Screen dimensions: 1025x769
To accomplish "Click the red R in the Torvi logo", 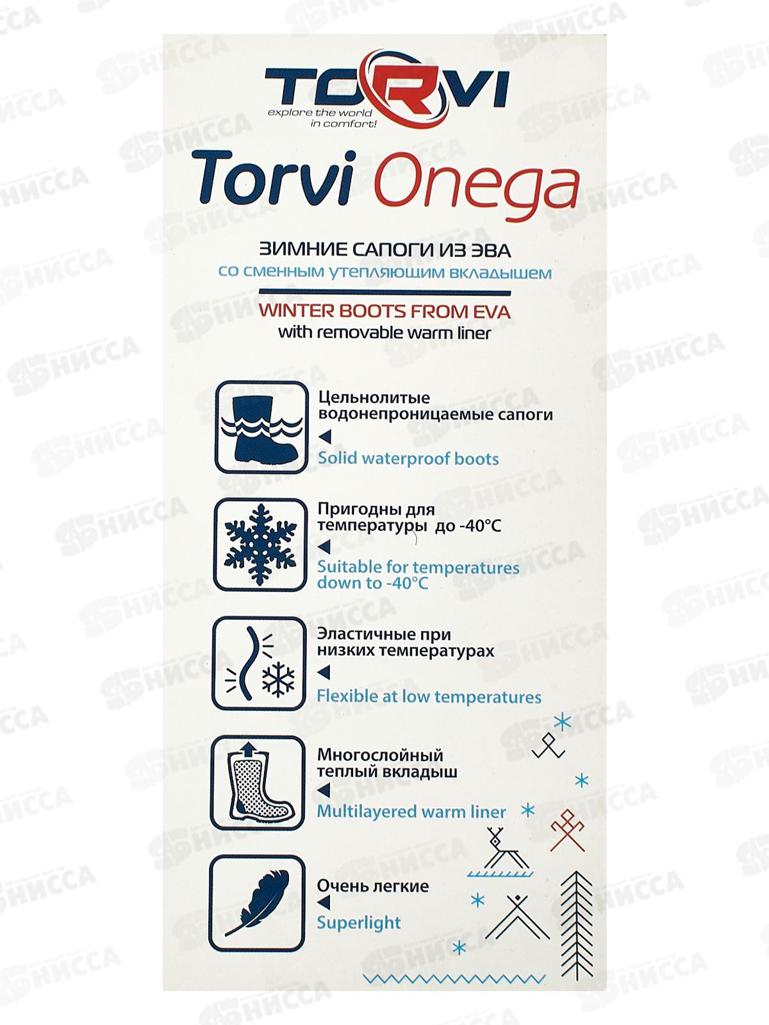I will pyautogui.click(x=402, y=88).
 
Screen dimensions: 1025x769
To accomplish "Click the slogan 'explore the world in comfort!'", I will pyautogui.click(x=320, y=118).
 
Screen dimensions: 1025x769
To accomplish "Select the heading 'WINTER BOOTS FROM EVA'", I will pyautogui.click(x=384, y=312).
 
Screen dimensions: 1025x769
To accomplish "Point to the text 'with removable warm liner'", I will pyautogui.click(x=384, y=333).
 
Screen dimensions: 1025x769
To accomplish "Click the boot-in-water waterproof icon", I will pyautogui.click(x=261, y=427).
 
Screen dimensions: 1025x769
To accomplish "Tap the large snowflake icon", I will pyautogui.click(x=260, y=545).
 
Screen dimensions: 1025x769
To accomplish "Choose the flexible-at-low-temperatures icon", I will pyautogui.click(x=260, y=664).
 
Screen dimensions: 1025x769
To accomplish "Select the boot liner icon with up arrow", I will pyautogui.click(x=258, y=783).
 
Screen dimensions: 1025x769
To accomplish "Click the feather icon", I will pyautogui.click(x=258, y=903).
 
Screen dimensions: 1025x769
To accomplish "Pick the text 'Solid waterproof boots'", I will pyautogui.click(x=408, y=459).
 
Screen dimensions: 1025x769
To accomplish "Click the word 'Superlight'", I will pyautogui.click(x=359, y=922).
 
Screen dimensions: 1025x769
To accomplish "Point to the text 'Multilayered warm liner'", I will pyautogui.click(x=411, y=812).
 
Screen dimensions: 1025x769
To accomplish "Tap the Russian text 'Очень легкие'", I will pyautogui.click(x=373, y=886).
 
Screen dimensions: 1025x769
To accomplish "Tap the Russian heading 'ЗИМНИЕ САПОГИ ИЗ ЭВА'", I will pyautogui.click(x=384, y=250).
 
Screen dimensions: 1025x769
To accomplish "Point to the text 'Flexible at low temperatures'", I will pyautogui.click(x=429, y=697).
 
